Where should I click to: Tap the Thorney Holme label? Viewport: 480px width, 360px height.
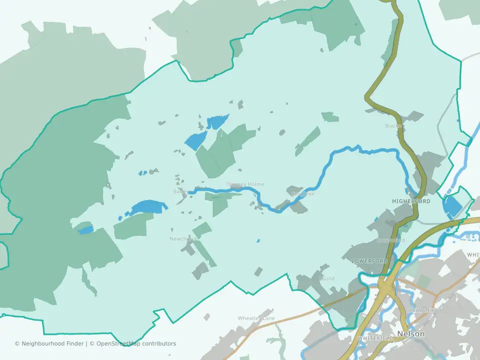pos(245,184)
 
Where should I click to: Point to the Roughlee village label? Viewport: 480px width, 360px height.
pos(302,194)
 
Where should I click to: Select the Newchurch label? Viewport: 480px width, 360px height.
pos(183,239)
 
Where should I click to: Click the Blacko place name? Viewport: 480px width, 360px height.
pos(394,125)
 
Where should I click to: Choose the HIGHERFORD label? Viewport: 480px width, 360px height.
pos(411,201)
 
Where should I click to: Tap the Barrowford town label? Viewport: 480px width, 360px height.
pos(390,240)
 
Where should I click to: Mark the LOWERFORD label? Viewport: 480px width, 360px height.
pos(369,261)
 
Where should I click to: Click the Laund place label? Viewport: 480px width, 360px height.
pos(326,278)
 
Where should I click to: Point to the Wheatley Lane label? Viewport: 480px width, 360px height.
pos(256,318)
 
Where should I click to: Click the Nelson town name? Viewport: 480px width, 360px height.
pos(410,333)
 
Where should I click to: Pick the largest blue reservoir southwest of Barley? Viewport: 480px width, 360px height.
pos(148,206)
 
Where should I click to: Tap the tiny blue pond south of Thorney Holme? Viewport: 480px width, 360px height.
pos(258,241)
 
